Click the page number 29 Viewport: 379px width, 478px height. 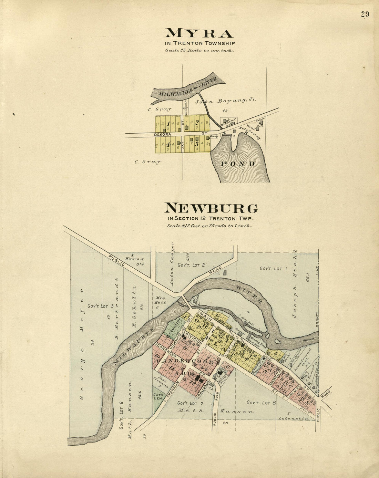[x=365, y=14]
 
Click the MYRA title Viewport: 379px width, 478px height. [x=199, y=33]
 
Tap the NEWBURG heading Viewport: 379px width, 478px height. [x=211, y=208]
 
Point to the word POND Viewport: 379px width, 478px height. [x=237, y=164]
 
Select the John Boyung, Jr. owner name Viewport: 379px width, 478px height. [x=226, y=101]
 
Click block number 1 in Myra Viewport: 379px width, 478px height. [x=168, y=124]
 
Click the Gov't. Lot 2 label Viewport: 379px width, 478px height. [x=191, y=265]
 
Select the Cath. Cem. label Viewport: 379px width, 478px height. [x=158, y=396]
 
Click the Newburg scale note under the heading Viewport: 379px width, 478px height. [x=209, y=226]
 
